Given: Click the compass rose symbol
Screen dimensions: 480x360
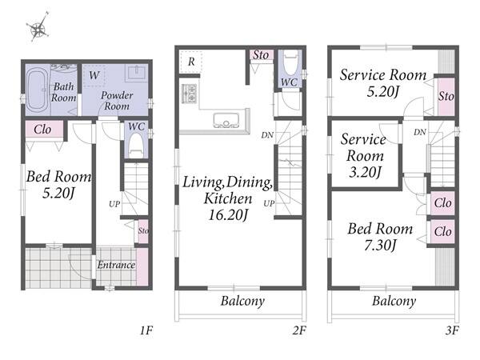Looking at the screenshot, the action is coord(38,27).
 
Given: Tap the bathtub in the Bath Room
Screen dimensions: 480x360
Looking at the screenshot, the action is coord(37,90).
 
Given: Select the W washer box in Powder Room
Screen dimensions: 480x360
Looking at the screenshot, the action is coord(94,75).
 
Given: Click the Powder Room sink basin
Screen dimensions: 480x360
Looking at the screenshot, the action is coord(136,73).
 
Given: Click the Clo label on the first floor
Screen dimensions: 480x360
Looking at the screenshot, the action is coord(42,130).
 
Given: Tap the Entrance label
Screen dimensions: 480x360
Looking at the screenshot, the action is coord(116,265).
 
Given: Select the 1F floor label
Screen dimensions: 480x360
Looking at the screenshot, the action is coord(146,330).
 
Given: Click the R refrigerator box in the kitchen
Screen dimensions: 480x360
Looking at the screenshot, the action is coord(191,62).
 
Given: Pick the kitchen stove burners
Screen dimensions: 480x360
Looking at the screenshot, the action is coord(189,94).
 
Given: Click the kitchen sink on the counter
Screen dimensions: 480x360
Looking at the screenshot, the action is coord(226,121).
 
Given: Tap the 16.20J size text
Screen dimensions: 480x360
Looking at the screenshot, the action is coord(228,214).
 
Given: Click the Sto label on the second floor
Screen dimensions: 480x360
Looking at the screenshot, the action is coord(261,55).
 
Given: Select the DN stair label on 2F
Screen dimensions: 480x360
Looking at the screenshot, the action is coord(267,135).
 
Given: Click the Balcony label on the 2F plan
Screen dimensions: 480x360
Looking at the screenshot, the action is coord(242,301).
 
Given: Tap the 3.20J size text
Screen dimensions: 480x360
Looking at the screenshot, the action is coord(365,172).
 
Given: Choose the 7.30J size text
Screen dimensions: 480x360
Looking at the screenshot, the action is coord(381,246).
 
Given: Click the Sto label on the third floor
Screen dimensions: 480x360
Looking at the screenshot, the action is coord(446,97).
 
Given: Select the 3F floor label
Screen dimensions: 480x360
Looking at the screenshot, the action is coord(452,330).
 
